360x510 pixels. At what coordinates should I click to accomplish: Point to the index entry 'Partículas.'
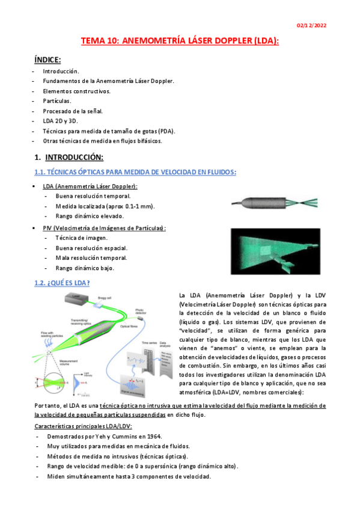(x=57, y=100)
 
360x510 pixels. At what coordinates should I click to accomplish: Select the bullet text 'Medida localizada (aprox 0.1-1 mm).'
(x=105, y=206)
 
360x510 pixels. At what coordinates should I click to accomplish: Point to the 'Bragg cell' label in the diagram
(x=105, y=298)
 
